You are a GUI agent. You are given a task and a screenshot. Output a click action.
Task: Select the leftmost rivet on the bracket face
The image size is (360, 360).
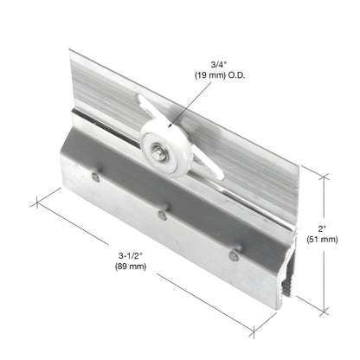tap(95, 177)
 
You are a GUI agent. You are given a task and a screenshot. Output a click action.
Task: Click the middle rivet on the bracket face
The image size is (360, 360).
tap(162, 213)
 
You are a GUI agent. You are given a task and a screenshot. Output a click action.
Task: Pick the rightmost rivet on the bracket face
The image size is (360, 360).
tap(233, 254)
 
